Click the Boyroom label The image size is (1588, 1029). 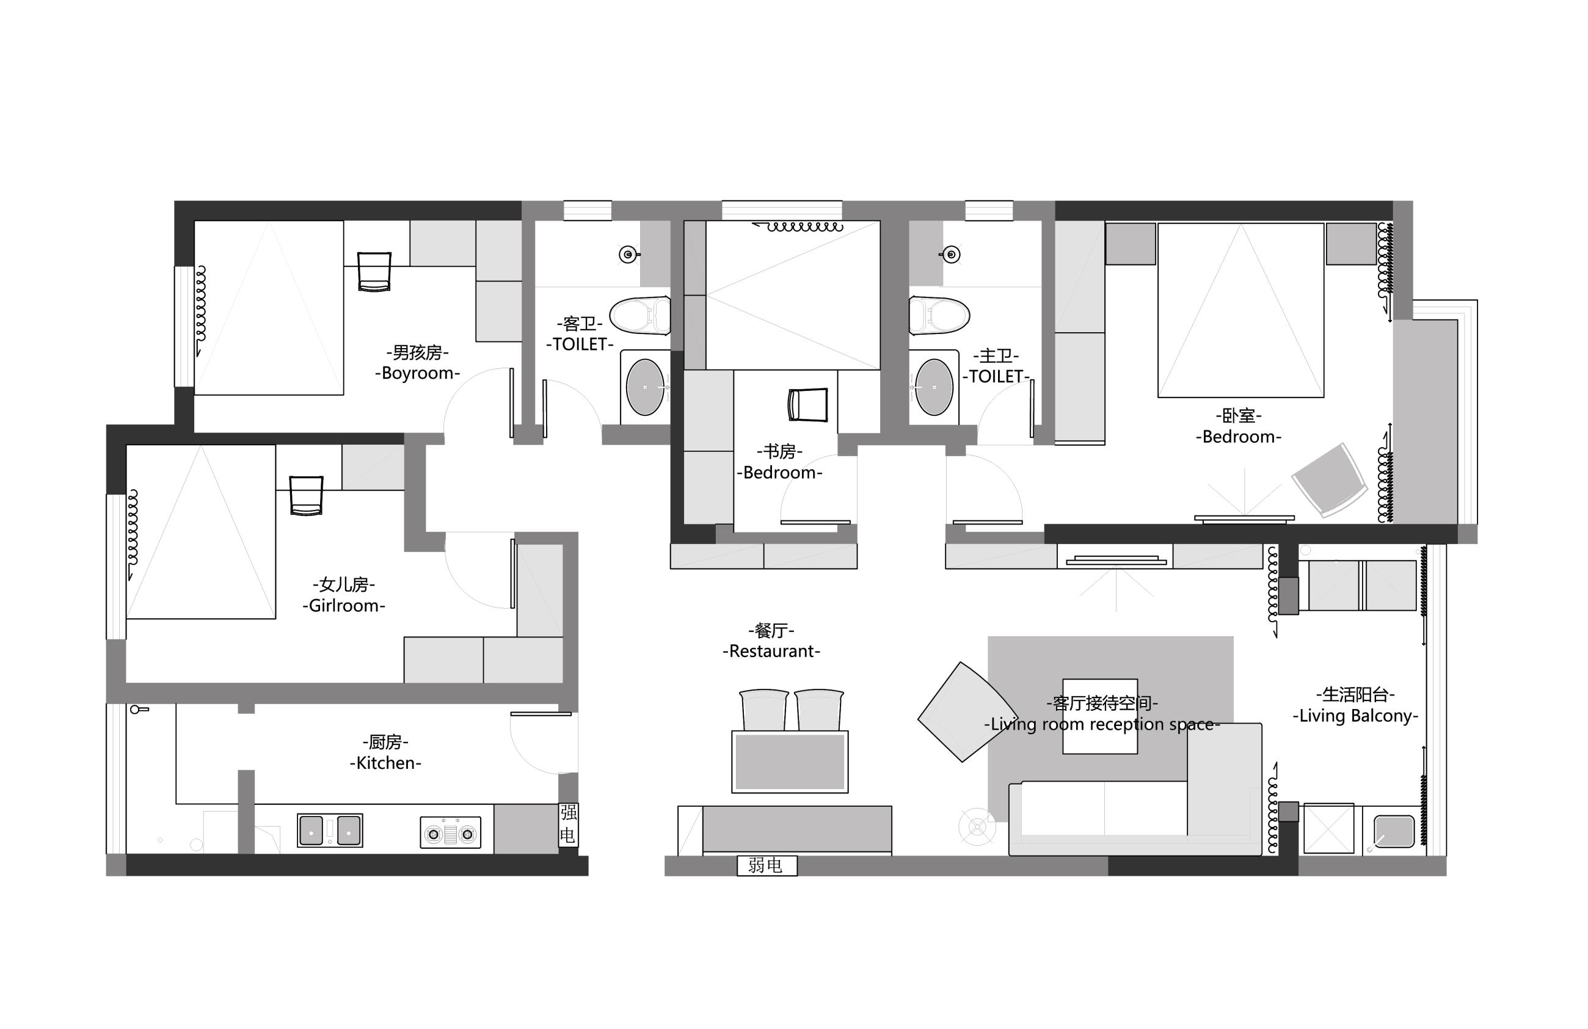[x=418, y=373]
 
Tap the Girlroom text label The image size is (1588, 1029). [x=344, y=606]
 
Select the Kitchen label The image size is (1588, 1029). [x=385, y=763]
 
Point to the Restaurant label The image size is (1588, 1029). [x=771, y=652]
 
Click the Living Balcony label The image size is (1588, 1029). [x=1355, y=716]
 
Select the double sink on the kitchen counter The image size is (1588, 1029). [x=330, y=830]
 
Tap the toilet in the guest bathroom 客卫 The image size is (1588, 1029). [x=640, y=315]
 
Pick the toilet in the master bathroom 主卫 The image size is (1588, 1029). [x=939, y=315]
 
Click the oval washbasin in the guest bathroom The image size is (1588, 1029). [x=645, y=387]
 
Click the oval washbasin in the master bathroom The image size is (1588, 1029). [x=934, y=387]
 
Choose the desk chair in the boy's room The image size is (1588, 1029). [x=374, y=271]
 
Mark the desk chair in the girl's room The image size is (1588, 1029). [x=306, y=495]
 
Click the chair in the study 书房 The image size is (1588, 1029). [x=807, y=404]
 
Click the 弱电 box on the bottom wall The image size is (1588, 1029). [x=767, y=865]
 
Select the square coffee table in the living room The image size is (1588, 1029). [x=1099, y=716]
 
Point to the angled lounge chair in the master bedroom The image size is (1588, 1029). [x=1330, y=480]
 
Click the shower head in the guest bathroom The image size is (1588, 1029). [x=628, y=254]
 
